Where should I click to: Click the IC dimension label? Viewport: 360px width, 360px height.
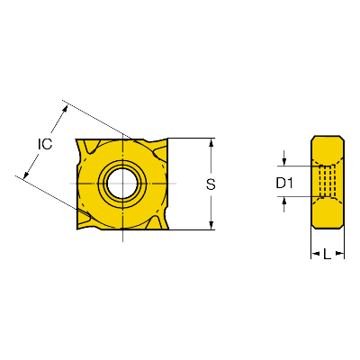45,144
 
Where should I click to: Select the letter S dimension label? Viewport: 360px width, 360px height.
211,184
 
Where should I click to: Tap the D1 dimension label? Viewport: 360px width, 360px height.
284,184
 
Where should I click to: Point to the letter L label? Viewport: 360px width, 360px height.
327,255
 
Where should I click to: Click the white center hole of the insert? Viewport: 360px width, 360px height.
122,183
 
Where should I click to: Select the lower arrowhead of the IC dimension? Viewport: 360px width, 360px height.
26,174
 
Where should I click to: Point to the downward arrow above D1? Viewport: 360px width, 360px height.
284,158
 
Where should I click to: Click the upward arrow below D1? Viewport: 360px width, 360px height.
284,204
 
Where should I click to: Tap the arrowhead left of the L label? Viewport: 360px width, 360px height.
315,254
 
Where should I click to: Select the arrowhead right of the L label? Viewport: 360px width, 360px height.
340,254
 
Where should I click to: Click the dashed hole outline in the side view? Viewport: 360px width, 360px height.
327,181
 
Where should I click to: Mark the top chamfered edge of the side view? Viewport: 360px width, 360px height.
328,136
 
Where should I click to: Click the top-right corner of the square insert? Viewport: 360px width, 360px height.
167,139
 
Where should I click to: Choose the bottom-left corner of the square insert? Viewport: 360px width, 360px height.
77,229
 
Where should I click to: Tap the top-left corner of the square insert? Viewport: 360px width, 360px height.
76,139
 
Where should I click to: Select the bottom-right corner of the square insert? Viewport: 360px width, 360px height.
168,229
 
